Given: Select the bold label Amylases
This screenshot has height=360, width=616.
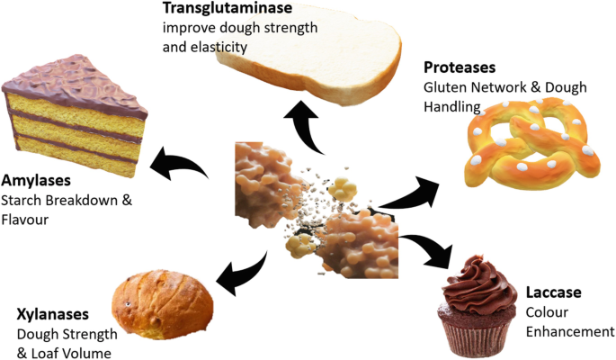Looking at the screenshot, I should [37, 180].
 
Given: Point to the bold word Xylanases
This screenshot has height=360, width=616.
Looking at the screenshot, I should [53, 315].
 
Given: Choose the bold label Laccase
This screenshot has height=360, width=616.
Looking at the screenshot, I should [553, 293].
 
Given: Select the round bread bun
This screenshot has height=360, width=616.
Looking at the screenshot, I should [163, 301].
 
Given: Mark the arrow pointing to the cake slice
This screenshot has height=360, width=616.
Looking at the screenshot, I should [184, 164].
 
